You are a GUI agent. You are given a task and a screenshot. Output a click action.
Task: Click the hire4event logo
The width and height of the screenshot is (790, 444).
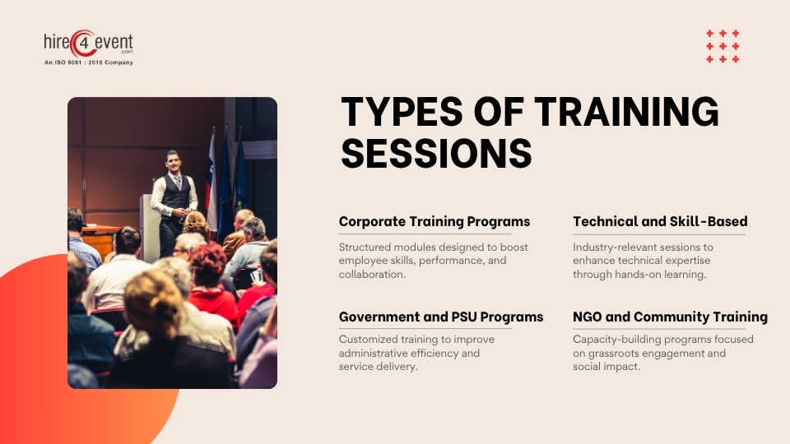pos(88,44)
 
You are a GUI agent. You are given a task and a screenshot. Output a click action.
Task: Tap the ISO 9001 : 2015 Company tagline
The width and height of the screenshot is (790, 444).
pos(88,62)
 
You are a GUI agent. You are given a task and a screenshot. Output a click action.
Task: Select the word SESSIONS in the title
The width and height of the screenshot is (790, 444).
pos(436,153)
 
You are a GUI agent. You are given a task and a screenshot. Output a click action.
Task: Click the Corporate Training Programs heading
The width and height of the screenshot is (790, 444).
pos(434,221)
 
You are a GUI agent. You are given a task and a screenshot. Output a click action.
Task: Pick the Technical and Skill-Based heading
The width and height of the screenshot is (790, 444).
pos(660,221)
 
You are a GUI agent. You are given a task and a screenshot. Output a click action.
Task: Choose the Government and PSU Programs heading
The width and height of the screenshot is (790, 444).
pos(441,317)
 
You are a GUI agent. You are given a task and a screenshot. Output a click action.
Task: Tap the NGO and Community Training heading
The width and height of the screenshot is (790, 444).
pos(670,317)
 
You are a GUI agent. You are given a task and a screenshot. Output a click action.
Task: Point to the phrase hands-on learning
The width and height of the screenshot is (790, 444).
pos(664,275)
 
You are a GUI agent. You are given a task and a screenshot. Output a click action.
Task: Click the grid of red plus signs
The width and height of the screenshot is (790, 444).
pos(723,46)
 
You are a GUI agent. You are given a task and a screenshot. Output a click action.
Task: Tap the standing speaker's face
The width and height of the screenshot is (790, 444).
pos(172,160)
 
